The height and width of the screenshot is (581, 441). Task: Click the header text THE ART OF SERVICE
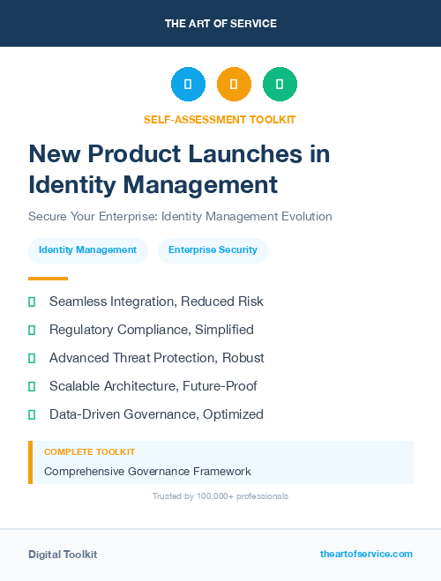(220, 24)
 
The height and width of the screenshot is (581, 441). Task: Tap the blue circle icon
(188, 85)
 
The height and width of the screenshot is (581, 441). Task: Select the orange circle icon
(234, 85)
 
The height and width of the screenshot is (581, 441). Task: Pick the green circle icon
(280, 85)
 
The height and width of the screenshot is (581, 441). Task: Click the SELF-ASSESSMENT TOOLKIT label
(220, 119)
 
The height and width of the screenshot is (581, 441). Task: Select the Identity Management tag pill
(87, 250)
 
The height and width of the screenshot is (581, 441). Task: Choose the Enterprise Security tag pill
(213, 250)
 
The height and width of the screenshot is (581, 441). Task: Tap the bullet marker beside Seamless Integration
(32, 302)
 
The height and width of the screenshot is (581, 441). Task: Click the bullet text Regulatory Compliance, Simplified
(151, 330)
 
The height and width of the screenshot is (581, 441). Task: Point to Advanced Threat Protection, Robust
(156, 358)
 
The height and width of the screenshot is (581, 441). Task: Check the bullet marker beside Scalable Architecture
(32, 386)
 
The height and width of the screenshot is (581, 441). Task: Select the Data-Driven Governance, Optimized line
(156, 414)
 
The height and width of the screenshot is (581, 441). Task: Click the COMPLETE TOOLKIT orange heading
(89, 451)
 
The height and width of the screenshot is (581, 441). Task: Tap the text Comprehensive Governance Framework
(147, 471)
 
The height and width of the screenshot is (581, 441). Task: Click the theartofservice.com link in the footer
(366, 554)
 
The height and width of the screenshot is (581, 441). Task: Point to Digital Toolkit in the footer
(63, 555)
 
